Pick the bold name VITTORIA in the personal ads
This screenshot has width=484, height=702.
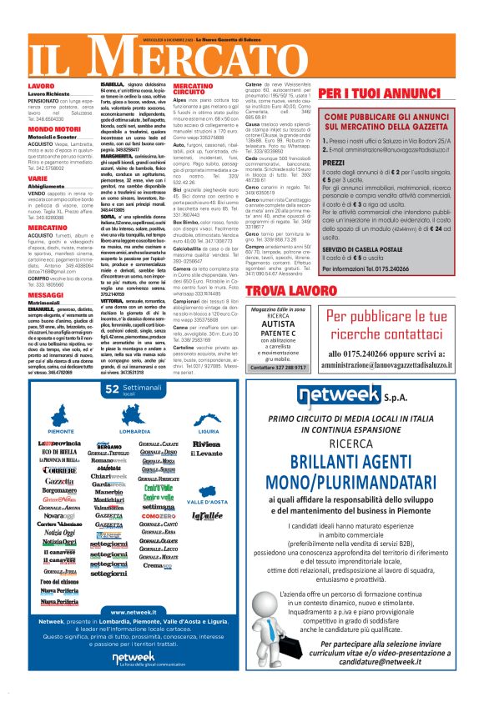click(116, 276)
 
